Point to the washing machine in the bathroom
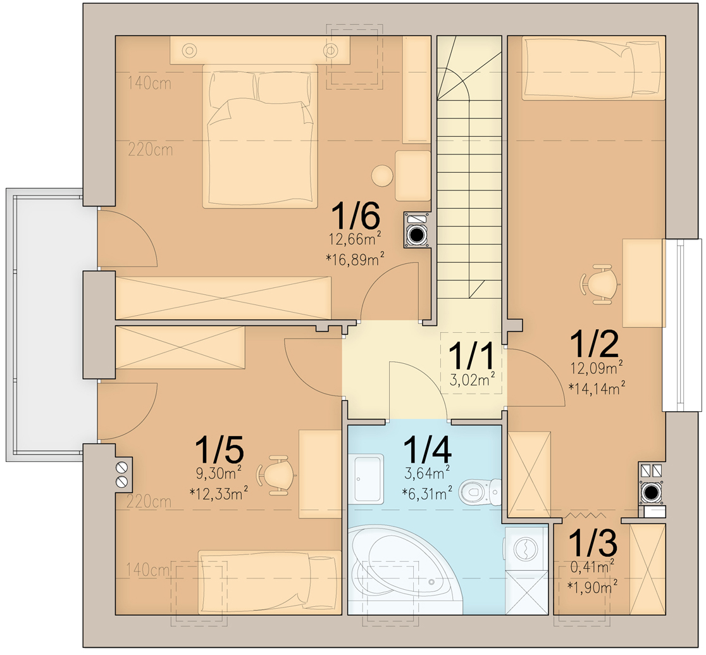(x=526, y=548)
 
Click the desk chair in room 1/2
(x=598, y=284)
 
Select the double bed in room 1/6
(x=259, y=136)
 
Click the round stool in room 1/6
(x=382, y=175)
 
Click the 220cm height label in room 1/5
(x=149, y=502)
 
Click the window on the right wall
(x=681, y=325)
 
